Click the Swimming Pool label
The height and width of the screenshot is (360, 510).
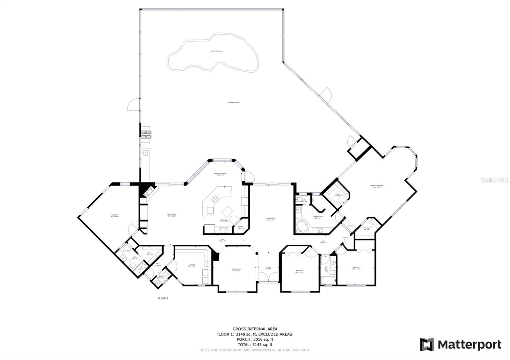(216, 51)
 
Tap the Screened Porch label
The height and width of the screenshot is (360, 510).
(233, 102)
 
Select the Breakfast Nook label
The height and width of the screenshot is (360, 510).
(220, 174)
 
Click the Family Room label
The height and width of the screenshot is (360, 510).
(172, 215)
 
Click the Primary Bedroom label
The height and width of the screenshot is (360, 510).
(376, 186)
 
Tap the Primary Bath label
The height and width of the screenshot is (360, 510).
(318, 217)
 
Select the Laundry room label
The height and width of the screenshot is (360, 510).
(192, 265)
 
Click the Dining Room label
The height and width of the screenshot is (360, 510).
(236, 270)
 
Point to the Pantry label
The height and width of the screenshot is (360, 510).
(241, 227)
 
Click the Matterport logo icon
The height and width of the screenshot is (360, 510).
(426, 344)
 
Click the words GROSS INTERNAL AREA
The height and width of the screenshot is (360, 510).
(255, 329)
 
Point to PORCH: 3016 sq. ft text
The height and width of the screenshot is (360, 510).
(255, 339)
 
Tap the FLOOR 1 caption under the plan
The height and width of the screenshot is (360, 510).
(163, 298)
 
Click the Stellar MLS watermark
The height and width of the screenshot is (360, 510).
(495, 180)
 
